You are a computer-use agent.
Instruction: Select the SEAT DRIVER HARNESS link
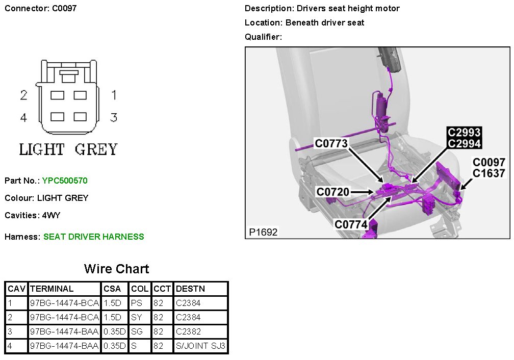tap(94, 237)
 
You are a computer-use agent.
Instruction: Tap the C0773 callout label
tap(331, 144)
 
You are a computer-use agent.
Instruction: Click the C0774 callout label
tap(351, 224)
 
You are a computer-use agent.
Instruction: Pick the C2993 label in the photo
tap(464, 133)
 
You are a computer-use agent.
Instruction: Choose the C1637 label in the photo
tap(489, 173)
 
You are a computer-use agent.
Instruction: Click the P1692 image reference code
tap(263, 232)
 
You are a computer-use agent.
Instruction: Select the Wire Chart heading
tap(116, 269)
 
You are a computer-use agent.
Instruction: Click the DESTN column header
tap(190, 289)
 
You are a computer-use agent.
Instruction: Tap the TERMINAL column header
tap(52, 289)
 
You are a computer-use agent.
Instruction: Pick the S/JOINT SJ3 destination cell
tap(200, 346)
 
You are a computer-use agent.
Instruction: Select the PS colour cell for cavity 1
tap(136, 303)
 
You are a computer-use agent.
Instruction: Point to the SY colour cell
tap(136, 317)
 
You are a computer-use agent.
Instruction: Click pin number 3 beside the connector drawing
tap(114, 117)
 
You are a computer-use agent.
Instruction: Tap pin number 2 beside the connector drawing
tap(23, 95)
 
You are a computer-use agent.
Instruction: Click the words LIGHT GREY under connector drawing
tap(68, 149)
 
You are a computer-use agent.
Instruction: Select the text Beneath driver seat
tap(325, 22)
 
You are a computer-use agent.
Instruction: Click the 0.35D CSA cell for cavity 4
tap(114, 346)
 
